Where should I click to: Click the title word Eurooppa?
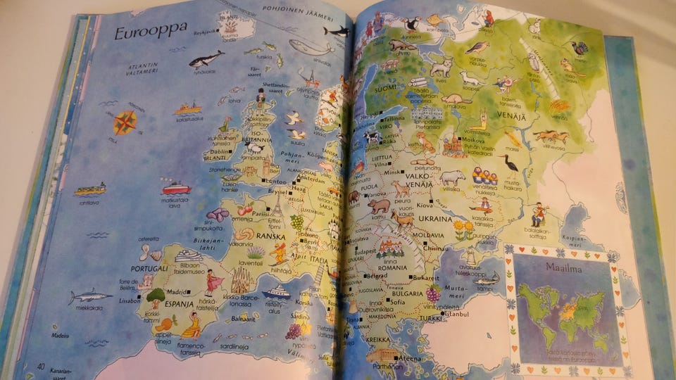pos(151,31)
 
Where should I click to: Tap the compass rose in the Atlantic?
pos(125,122)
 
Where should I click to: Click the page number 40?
pos(40,366)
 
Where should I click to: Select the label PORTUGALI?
pos(149,268)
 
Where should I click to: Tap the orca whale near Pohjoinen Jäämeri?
pos(337,31)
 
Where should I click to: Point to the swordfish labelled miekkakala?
pos(89,296)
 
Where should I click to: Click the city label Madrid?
pos(177,292)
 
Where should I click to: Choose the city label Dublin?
pos(218,151)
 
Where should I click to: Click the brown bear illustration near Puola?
pos(379,205)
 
